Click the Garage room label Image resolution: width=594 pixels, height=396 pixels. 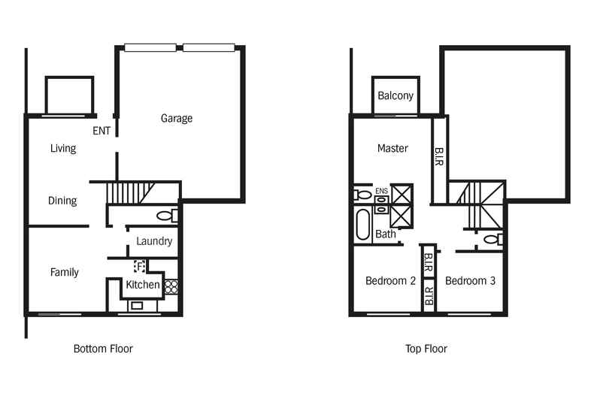point(177,119)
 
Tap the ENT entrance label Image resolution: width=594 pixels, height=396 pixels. point(102,131)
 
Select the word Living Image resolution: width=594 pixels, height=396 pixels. point(63,148)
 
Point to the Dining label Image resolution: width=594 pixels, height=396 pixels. point(62,201)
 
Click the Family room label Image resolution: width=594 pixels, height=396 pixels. point(65,272)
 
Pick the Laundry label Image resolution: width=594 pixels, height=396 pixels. point(154,241)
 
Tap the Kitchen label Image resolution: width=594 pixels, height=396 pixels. point(143,285)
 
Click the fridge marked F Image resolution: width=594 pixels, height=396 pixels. point(140,267)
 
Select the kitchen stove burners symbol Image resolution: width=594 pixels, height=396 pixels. point(171,286)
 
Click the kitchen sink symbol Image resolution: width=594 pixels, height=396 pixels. point(137,305)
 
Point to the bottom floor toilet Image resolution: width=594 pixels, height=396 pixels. point(167,216)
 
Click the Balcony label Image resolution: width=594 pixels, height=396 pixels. point(395,95)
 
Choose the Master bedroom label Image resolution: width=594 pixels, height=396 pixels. point(392,148)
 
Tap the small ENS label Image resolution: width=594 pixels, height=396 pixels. point(381,191)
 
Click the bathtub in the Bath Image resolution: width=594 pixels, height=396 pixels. point(363,225)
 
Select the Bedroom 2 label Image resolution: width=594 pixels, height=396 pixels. point(390,281)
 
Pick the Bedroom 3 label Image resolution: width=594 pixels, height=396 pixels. point(470,281)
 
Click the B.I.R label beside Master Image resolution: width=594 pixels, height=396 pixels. point(438,157)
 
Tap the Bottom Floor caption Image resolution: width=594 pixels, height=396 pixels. point(103,349)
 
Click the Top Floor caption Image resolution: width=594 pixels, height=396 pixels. point(426,349)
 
